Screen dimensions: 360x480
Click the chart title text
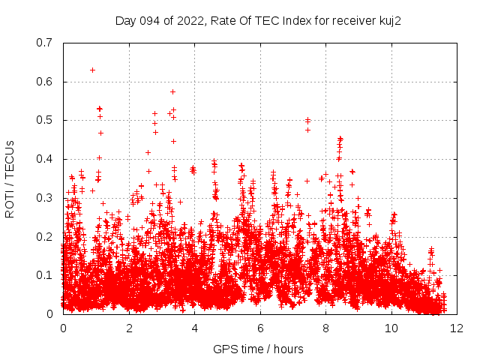[x=258, y=20]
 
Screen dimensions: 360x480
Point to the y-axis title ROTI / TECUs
[x=10, y=178]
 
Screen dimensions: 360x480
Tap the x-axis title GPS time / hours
[x=258, y=348]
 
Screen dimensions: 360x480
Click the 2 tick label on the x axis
[x=129, y=328]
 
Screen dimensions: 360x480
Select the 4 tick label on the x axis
[x=194, y=328]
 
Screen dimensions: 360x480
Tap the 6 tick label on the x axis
[x=260, y=328]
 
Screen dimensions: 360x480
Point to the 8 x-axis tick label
[x=325, y=328]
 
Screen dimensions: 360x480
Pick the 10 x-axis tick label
[x=391, y=328]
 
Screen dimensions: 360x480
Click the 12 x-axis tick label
[x=457, y=328]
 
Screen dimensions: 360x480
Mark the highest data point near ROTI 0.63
[x=92, y=70]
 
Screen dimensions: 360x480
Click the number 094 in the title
[x=151, y=20]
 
